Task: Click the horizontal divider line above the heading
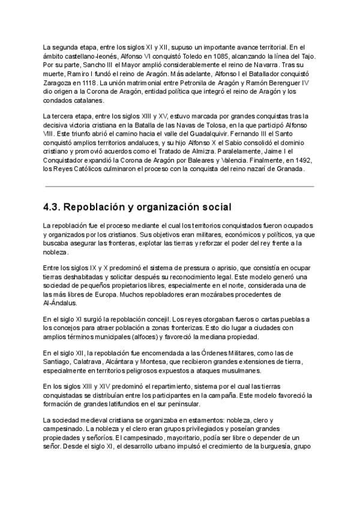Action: click(178, 187)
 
